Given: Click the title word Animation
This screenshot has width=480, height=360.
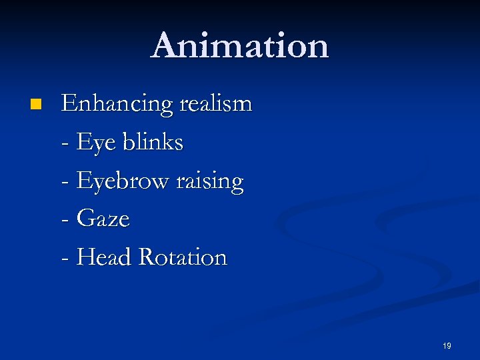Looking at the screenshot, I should [240, 46].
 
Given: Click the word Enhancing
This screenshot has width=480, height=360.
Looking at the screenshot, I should [117, 105].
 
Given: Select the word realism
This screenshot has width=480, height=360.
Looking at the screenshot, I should [215, 104].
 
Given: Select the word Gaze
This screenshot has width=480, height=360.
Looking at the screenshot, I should [103, 219].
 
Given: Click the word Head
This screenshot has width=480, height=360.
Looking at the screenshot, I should [104, 257].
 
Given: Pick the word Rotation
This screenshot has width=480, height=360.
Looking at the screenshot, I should [182, 257].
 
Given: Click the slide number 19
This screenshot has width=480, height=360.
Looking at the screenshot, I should [447, 346].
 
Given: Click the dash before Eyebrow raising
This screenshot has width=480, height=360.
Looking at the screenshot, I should [65, 183].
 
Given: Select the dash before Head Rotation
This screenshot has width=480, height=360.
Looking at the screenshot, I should [65, 259].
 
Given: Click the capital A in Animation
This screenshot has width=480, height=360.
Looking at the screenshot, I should [165, 46].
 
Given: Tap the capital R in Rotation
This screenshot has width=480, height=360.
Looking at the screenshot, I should [146, 257].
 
